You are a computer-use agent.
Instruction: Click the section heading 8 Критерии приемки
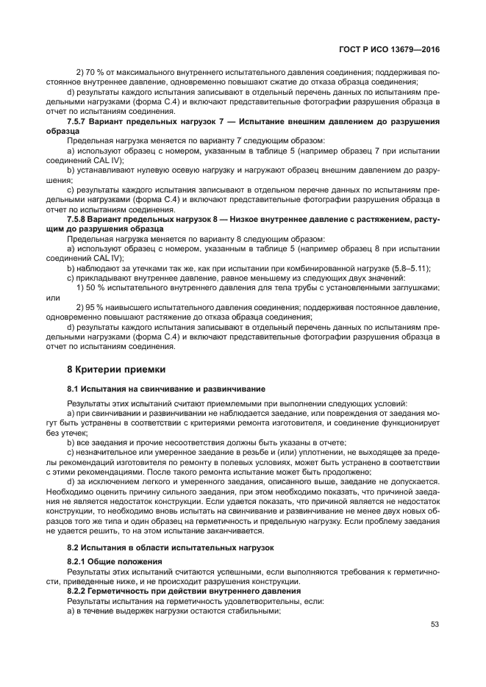[116, 369]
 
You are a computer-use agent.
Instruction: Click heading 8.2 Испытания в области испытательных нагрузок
[170, 548]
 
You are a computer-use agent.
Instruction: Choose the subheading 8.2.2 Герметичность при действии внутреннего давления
[184, 591]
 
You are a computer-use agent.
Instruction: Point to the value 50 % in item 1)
[93, 288]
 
